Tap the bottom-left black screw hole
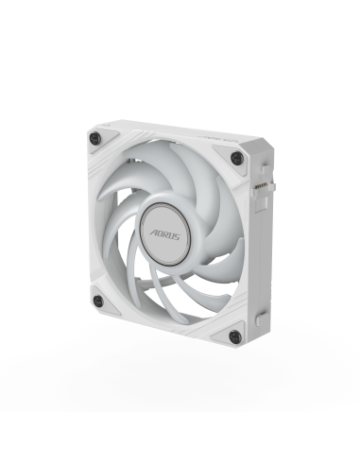[x=98, y=301]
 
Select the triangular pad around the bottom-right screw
[x=227, y=334]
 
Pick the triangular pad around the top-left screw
[x=102, y=140]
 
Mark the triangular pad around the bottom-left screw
[x=103, y=303]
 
